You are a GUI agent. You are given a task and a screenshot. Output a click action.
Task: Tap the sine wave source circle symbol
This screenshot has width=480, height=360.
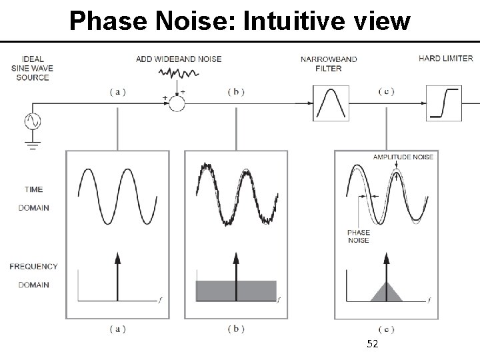tap(31, 121)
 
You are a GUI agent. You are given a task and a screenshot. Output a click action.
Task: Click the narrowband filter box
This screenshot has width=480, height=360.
tap(328, 103)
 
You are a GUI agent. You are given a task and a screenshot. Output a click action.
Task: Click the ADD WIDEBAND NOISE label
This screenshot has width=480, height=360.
tap(178, 59)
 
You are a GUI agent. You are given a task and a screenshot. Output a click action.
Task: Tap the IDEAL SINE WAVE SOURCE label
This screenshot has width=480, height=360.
tap(32, 68)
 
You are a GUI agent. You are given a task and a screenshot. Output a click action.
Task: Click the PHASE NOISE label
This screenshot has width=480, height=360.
tap(358, 237)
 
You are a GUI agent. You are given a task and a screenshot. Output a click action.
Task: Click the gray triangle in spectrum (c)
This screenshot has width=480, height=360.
tap(387, 293)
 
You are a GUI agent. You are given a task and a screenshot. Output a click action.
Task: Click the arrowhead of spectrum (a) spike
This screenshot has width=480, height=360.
tap(118, 258)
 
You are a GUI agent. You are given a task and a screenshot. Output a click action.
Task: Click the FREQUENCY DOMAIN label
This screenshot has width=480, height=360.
tap(33, 275)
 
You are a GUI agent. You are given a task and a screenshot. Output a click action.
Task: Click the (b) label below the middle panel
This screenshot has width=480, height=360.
tap(236, 329)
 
